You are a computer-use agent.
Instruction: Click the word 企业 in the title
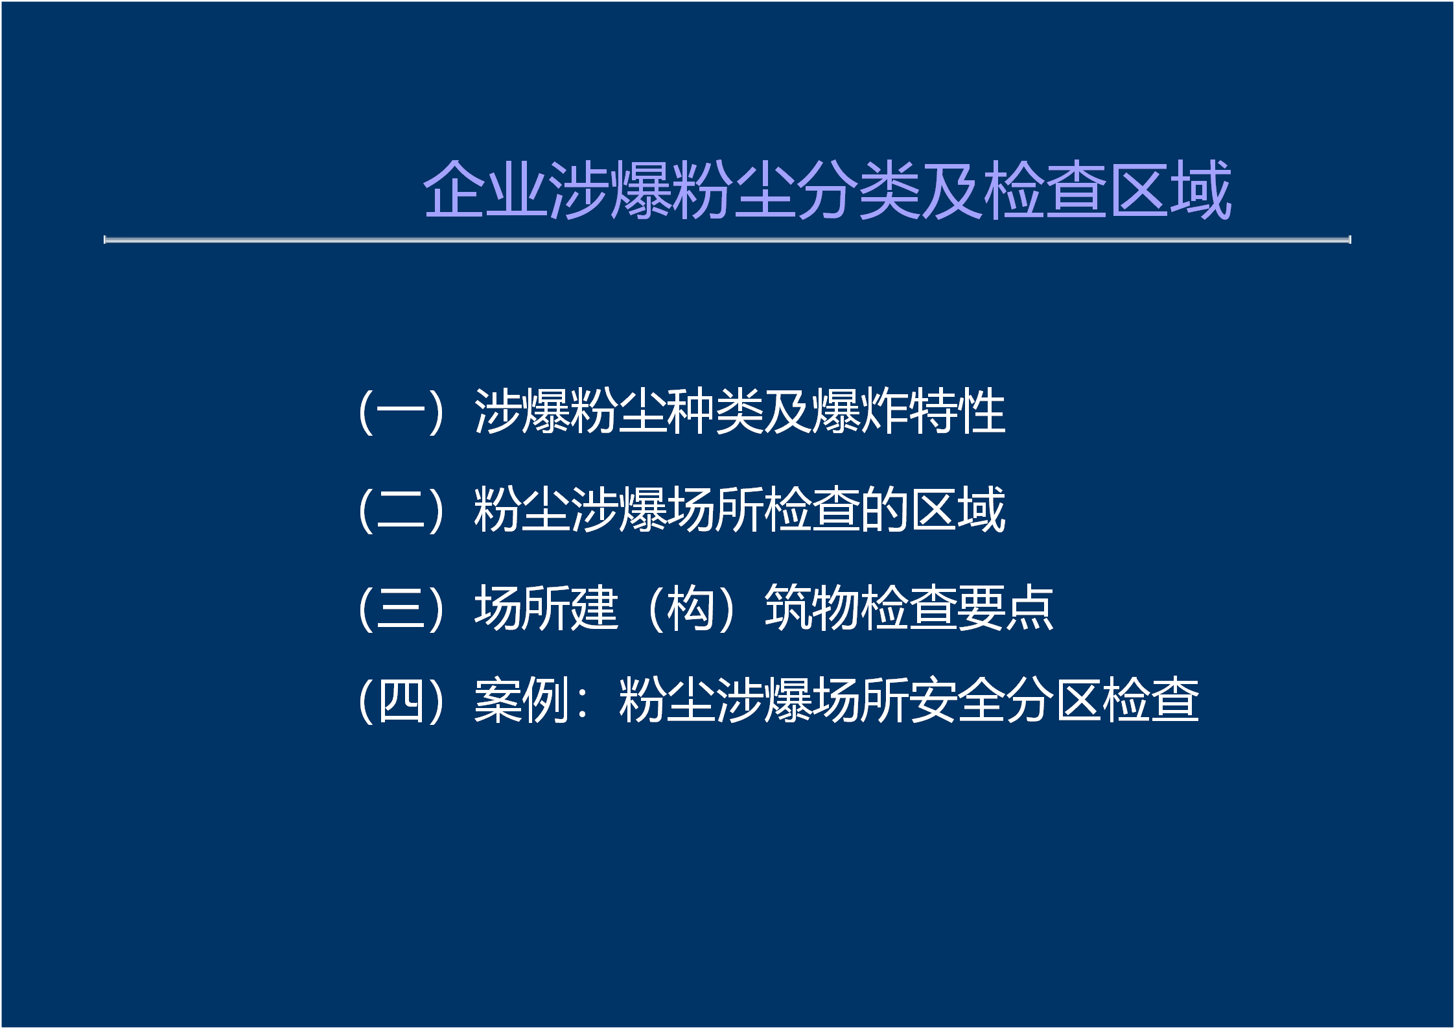(485, 189)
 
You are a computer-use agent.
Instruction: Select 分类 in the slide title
(858, 189)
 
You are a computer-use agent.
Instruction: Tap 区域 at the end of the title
(1170, 189)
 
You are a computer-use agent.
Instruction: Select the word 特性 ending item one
(957, 411)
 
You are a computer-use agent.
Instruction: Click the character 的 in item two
(885, 510)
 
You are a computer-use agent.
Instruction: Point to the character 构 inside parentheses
(691, 608)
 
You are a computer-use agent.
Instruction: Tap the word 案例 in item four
(522, 700)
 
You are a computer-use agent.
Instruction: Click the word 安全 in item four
(957, 700)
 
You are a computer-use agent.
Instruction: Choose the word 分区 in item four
(1054, 700)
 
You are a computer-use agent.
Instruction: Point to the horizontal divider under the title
(727, 239)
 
